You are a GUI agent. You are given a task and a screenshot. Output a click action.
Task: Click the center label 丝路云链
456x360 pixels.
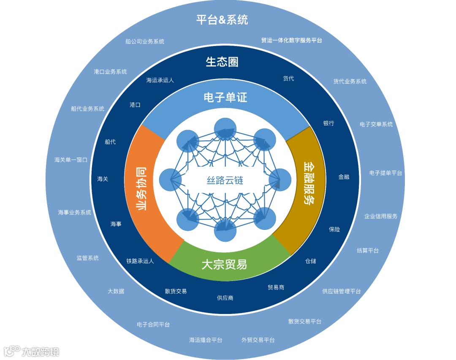coord(225,180)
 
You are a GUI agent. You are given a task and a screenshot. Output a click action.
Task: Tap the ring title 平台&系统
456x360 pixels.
coord(222,19)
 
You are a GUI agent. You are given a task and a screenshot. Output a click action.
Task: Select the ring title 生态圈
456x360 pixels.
coord(222,62)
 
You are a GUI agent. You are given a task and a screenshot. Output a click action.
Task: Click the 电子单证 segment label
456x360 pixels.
coord(225,98)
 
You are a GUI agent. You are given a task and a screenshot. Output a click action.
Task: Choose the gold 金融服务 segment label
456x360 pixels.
coord(309,183)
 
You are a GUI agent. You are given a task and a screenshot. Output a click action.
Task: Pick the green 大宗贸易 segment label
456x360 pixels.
coord(224,265)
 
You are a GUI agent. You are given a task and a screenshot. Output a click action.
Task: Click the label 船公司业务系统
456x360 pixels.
coord(145,41)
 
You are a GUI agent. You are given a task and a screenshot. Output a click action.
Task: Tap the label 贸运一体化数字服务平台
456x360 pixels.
coord(291,41)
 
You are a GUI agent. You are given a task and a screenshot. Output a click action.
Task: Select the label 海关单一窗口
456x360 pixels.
coord(71,160)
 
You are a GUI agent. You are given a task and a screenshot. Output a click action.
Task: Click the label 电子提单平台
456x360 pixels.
coord(385,173)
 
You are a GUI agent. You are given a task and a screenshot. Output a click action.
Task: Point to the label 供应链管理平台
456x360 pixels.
coord(342,291)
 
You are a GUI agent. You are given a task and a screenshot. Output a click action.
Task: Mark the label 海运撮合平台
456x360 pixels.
coord(206,340)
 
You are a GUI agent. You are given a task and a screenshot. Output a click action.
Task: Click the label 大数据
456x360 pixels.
coord(116,291)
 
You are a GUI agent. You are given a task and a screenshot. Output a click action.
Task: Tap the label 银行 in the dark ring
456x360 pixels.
coord(328,123)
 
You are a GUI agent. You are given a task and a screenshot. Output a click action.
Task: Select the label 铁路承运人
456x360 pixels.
coord(140,261)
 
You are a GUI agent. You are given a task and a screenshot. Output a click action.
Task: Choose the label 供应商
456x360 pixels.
coord(225,298)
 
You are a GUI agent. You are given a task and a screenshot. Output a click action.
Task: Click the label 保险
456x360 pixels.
coord(334,229)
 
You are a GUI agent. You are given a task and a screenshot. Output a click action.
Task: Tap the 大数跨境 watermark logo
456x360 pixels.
coord(32,351)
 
